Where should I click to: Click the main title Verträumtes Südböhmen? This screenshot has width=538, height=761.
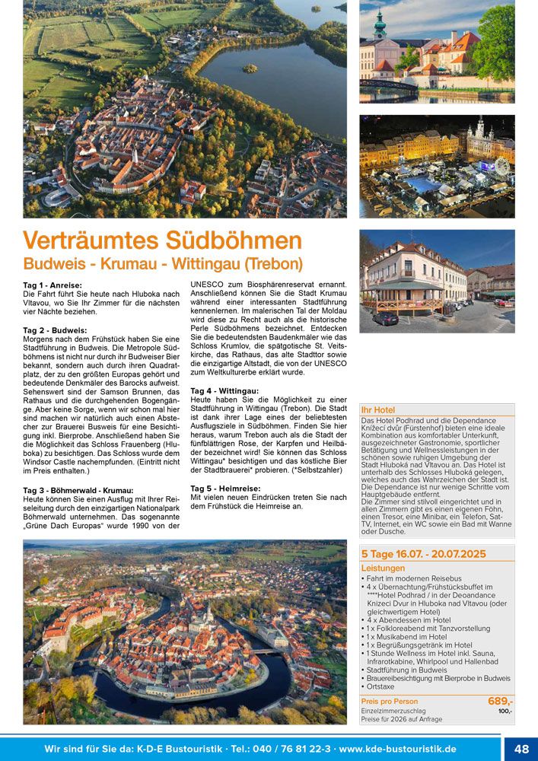[x=162, y=240]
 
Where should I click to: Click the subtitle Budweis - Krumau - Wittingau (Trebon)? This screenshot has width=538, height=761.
[x=163, y=265]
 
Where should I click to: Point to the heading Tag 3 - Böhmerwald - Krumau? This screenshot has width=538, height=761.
[x=78, y=490]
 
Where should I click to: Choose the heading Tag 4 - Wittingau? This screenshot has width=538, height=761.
[x=225, y=390]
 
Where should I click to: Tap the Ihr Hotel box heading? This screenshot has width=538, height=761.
[x=378, y=410]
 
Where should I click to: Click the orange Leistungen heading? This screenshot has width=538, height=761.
[x=383, y=568]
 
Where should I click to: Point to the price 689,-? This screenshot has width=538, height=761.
[x=500, y=701]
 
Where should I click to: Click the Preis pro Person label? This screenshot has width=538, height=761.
[x=390, y=701]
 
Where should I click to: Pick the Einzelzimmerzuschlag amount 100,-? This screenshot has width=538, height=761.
[x=505, y=711]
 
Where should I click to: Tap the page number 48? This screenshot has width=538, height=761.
[x=521, y=749]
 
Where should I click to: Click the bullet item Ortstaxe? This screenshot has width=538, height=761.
[x=382, y=687]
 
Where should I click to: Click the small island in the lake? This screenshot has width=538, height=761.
[x=250, y=68]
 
